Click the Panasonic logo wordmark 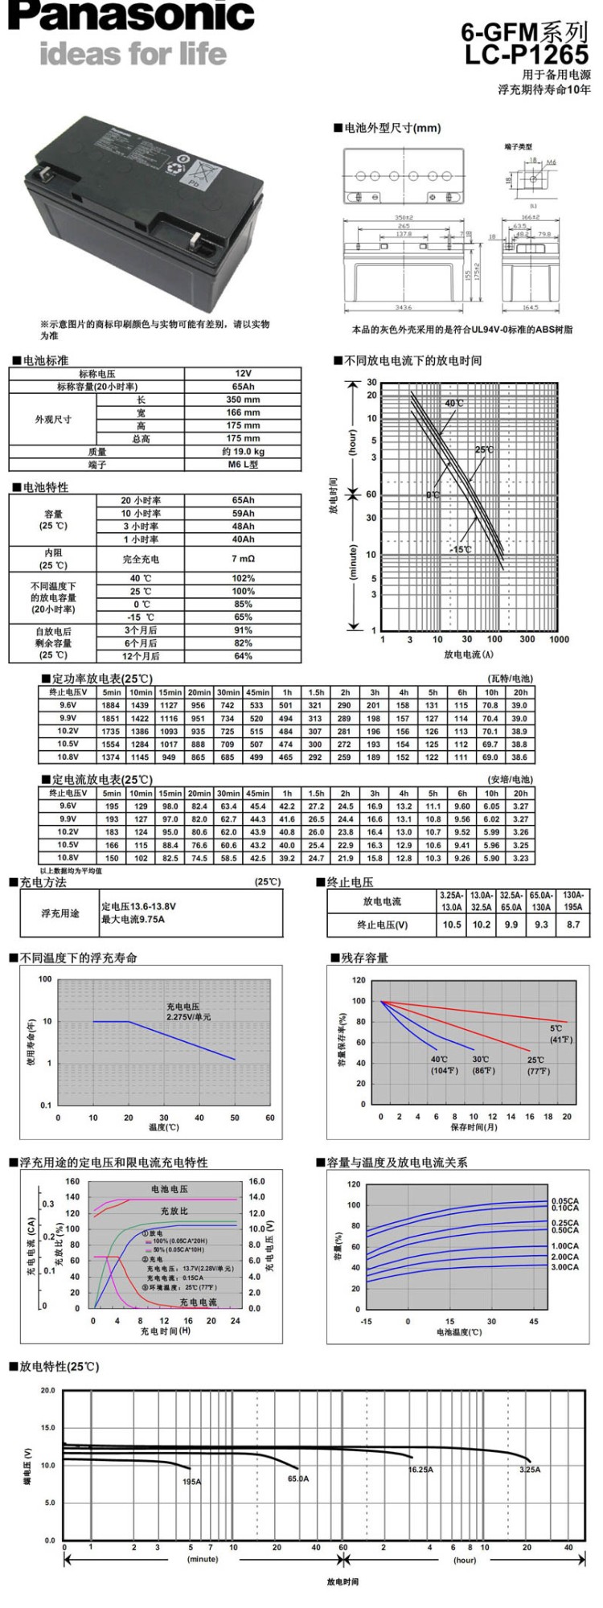click(x=132, y=18)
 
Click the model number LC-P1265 click(x=527, y=55)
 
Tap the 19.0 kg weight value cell click(x=243, y=452)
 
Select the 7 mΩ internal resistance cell click(x=243, y=559)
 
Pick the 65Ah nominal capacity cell click(x=243, y=387)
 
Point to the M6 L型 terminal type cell click(x=243, y=465)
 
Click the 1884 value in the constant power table click(x=111, y=705)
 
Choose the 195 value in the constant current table click(x=112, y=806)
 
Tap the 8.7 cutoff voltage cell click(x=572, y=925)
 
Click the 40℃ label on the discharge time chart click(x=454, y=403)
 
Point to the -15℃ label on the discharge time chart click(x=461, y=550)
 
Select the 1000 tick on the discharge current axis click(x=559, y=639)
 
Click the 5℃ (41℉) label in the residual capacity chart click(x=560, y=1034)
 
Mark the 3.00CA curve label click(x=564, y=1267)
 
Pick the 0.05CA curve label click(x=564, y=1201)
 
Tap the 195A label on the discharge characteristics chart click(x=192, y=1482)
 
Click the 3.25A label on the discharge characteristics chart click(x=530, y=1470)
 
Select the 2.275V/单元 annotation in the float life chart click(x=189, y=1017)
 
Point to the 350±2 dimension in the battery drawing click(x=404, y=218)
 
